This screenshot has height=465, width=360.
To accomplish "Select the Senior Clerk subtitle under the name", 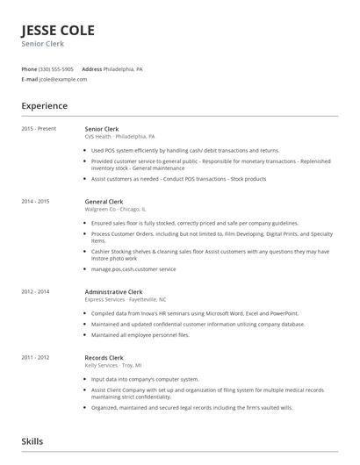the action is (42, 45).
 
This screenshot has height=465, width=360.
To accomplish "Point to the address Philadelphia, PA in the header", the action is (123, 68).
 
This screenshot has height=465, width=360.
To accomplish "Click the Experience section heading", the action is (44, 106).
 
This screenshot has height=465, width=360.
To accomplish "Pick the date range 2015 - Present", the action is (39, 129).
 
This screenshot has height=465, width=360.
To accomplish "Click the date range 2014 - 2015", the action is (36, 202).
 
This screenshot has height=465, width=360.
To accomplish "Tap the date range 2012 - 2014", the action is (36, 291).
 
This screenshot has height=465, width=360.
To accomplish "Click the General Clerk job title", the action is (104, 202).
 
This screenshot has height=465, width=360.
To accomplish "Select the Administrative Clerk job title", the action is (114, 291).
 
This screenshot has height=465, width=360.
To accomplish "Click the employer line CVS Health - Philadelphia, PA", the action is (119, 137).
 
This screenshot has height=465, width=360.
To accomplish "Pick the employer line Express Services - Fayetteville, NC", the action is (126, 299).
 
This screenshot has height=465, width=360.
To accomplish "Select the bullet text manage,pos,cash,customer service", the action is (133, 269).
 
